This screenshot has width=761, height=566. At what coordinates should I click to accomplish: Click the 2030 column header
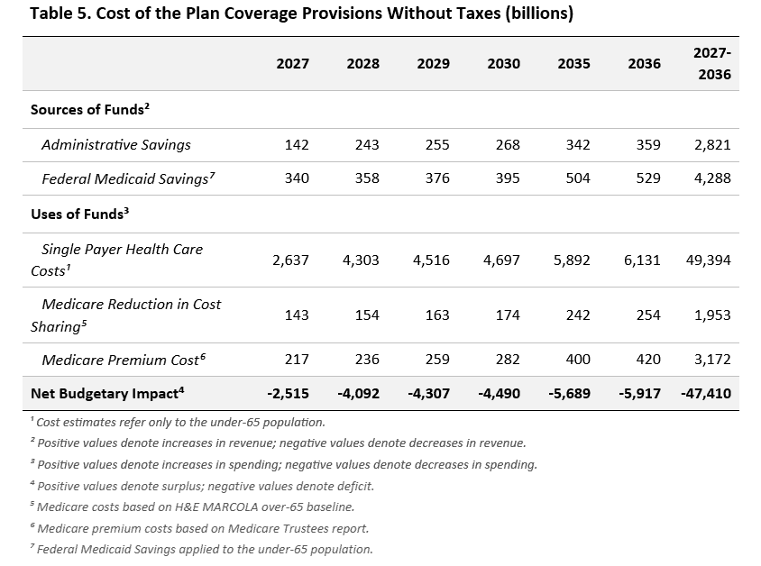503,63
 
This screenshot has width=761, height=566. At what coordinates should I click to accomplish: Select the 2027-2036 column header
712,63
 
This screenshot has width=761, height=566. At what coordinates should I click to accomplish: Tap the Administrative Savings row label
116,144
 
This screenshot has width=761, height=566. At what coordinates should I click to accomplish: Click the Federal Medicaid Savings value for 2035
578,178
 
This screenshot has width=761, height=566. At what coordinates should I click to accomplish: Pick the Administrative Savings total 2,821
712,144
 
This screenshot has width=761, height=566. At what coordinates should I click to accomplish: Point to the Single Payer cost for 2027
290,260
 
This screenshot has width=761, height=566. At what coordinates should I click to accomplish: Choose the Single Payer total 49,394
708,260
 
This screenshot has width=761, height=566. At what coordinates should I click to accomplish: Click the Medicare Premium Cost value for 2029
437,359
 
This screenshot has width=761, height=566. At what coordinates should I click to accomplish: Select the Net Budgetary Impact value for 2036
639,393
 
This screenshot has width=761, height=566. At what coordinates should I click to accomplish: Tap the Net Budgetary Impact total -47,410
706,393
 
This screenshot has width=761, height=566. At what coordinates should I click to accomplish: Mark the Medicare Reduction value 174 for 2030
508,315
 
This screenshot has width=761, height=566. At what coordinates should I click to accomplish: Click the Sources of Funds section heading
90,109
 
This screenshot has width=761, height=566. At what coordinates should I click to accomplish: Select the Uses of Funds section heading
79,214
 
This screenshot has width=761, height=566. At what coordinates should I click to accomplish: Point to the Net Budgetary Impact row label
107,393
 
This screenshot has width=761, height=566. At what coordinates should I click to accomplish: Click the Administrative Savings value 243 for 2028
367,144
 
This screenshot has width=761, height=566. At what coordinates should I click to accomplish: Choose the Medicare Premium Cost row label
124,360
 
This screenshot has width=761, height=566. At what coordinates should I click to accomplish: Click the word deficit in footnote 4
357,486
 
